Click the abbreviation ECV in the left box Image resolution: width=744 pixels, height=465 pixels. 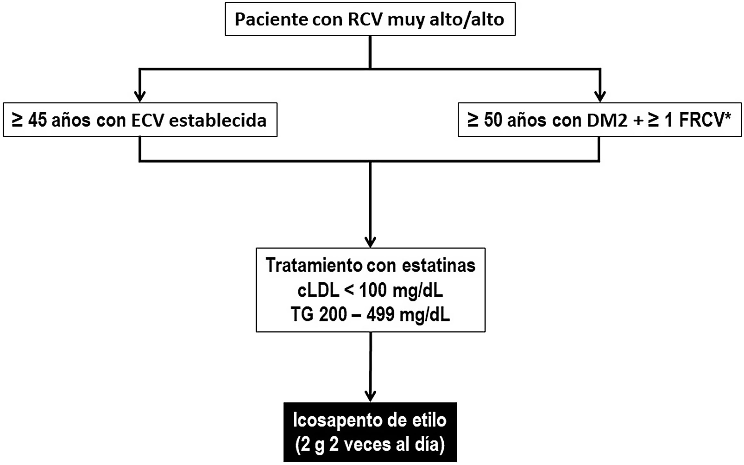(x=147, y=121)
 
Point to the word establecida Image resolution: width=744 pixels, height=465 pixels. (x=218, y=121)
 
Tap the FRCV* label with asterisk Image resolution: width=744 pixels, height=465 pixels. (x=705, y=120)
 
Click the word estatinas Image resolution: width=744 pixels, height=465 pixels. (x=439, y=265)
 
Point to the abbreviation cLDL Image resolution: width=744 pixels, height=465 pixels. (x=318, y=290)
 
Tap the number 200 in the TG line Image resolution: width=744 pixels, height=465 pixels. (x=332, y=315)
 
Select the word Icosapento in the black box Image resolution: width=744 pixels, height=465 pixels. (x=334, y=420)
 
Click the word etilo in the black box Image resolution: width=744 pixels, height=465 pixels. (x=429, y=420)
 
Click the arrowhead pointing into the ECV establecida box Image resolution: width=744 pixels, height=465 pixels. (x=140, y=96)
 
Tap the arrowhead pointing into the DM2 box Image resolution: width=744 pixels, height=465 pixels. (x=600, y=96)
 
